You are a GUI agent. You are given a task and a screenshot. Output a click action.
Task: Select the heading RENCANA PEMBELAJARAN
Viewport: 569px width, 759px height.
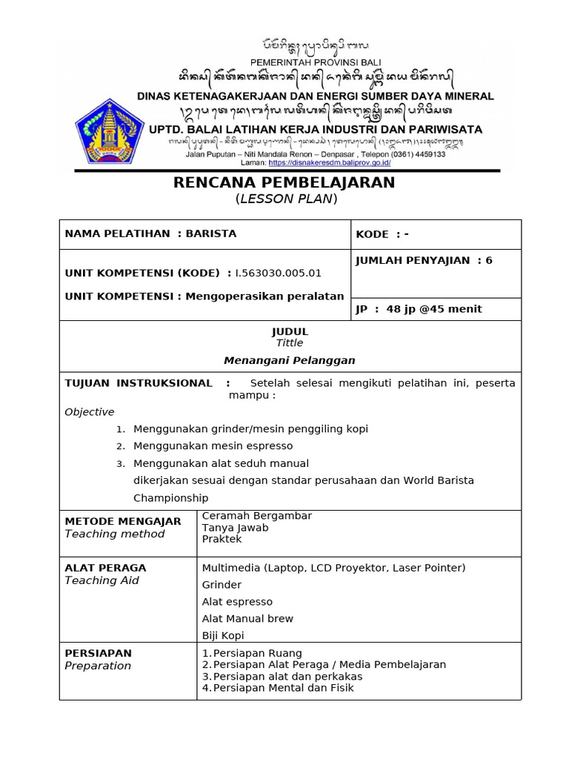click(x=284, y=182)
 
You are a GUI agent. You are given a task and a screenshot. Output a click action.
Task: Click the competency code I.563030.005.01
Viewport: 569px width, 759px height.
click(x=279, y=273)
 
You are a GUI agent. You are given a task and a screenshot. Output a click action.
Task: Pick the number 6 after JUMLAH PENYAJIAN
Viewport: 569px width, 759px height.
click(x=489, y=260)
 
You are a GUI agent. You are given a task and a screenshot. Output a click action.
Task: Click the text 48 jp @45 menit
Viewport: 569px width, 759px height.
click(x=434, y=309)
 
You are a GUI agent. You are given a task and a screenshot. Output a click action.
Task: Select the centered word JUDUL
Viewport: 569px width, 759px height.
click(x=290, y=331)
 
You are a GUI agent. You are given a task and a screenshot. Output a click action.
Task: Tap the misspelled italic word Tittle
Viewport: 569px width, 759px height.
click(x=290, y=343)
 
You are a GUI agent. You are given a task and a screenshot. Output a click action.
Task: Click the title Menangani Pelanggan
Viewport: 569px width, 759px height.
click(x=290, y=361)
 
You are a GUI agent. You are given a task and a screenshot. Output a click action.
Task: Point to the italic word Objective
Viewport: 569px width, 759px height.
click(x=90, y=412)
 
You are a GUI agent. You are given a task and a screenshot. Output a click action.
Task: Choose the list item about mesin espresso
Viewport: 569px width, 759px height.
click(x=213, y=446)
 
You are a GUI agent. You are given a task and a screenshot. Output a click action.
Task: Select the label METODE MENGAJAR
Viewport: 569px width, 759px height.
click(x=123, y=521)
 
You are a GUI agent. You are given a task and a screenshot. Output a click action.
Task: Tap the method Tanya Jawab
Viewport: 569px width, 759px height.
click(x=235, y=528)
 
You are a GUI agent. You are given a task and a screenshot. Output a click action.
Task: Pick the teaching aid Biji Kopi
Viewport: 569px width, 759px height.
click(x=222, y=635)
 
